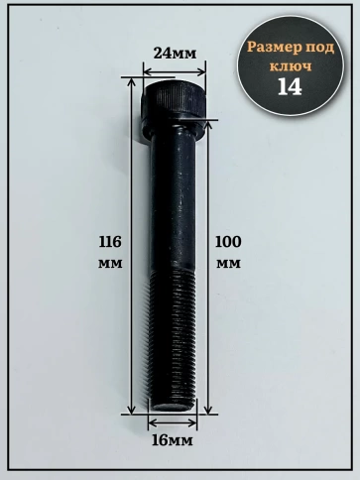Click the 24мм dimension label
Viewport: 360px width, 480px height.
[x=175, y=53]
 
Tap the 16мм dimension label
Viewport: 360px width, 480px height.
[x=172, y=440]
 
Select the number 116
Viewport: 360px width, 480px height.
[x=110, y=242]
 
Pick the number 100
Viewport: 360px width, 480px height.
[x=228, y=242]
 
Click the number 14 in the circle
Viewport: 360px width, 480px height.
[x=290, y=86]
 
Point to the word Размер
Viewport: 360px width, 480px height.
[x=275, y=48]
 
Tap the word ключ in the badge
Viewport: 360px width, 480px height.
[x=291, y=66]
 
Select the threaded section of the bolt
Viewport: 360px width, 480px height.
[x=172, y=337]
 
